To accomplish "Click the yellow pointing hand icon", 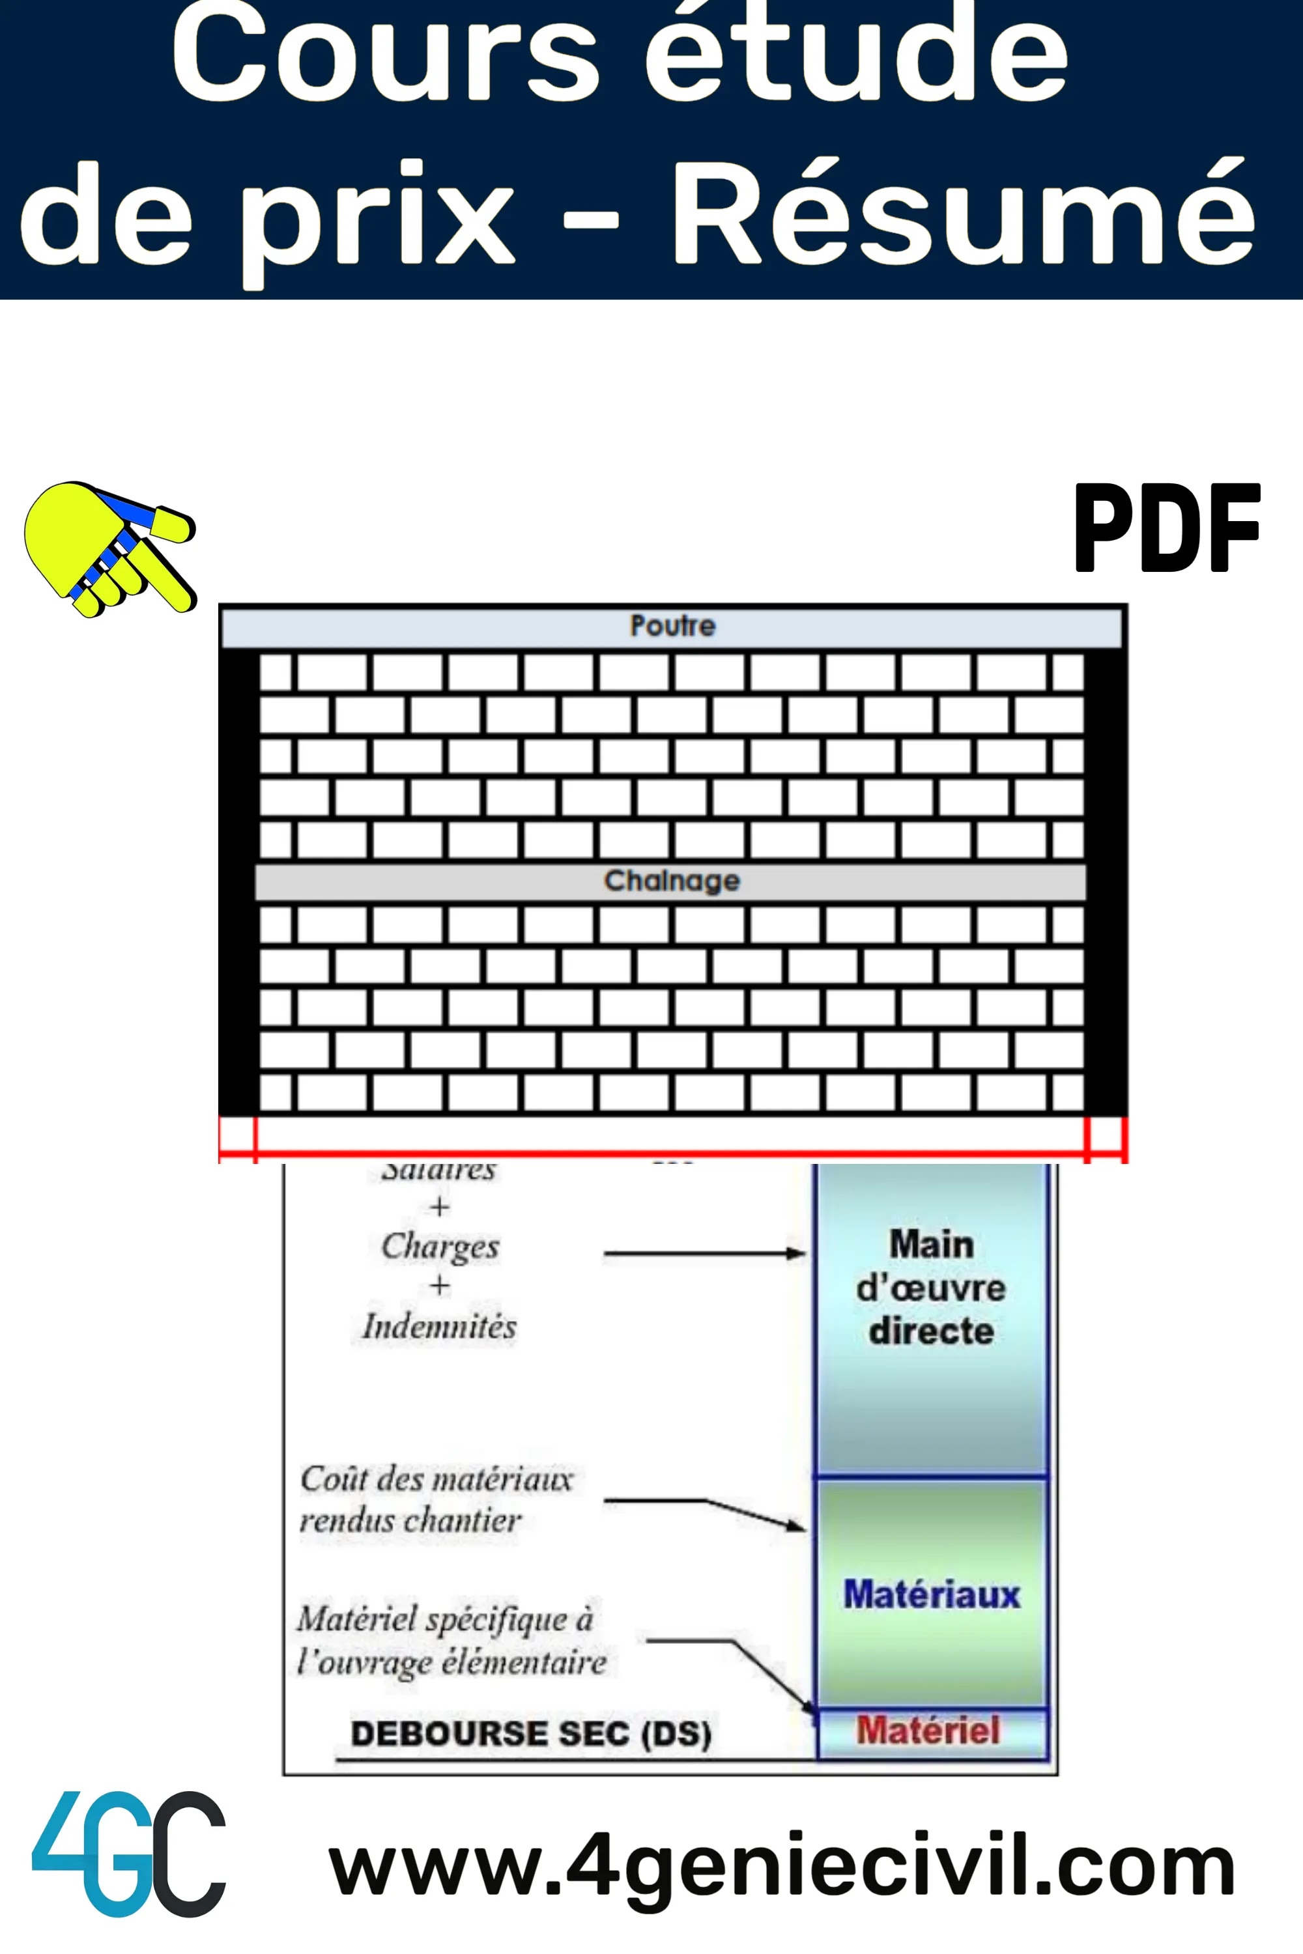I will [108, 548].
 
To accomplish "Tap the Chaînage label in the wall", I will [672, 881].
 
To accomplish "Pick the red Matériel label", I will [928, 1731].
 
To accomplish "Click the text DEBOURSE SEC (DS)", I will [531, 1734].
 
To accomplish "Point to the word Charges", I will [440, 1246].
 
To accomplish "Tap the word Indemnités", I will [440, 1327].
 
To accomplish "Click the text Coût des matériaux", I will [437, 1480].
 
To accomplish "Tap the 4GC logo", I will [129, 1866].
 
